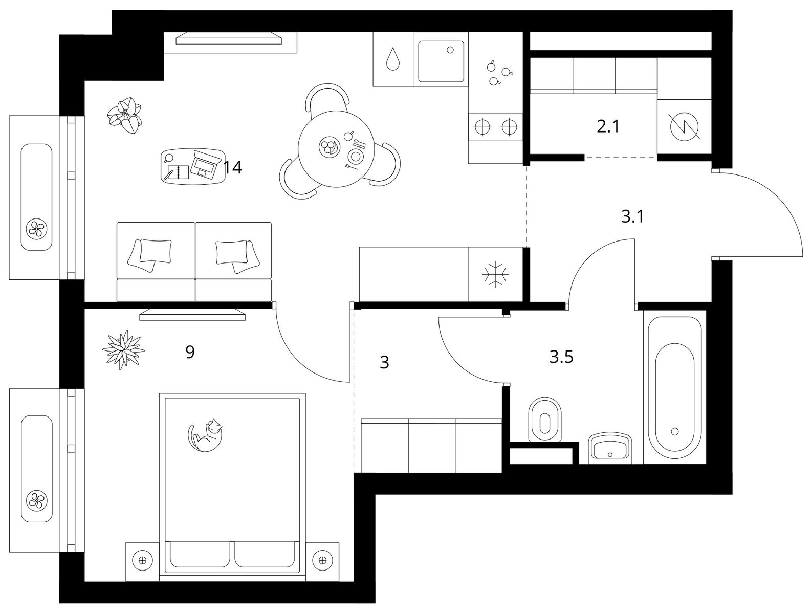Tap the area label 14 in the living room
tap(233, 167)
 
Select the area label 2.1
tap(608, 127)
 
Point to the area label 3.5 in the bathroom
tap(561, 358)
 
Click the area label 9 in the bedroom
tap(190, 352)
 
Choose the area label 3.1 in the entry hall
tap(632, 217)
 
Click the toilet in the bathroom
tap(545, 420)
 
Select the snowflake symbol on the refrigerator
tap(495, 274)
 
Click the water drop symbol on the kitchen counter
tap(393, 59)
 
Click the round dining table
tap(336, 149)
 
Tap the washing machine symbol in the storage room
tap(685, 127)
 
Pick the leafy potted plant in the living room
tap(125, 115)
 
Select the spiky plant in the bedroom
tap(123, 349)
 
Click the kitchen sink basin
tap(441, 61)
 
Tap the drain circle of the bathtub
tap(675, 431)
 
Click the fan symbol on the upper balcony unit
tap(36, 229)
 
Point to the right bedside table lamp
tap(322, 560)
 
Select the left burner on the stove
tap(483, 127)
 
